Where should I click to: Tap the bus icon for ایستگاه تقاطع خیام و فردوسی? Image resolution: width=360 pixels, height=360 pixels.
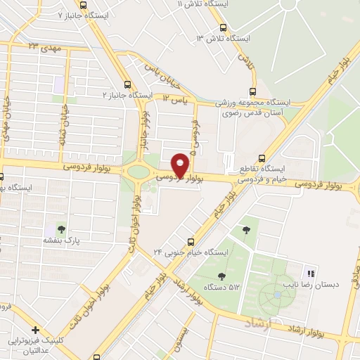point(262,158)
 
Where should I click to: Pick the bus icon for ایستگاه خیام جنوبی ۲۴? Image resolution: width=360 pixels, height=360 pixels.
point(191,240)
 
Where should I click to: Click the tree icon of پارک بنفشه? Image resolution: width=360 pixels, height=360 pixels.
point(61,229)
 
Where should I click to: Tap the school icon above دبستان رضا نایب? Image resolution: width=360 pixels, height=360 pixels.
point(311,273)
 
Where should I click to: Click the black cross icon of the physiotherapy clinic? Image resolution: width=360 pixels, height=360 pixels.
point(34,330)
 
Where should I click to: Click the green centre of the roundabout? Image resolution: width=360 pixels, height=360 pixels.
point(139,172)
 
